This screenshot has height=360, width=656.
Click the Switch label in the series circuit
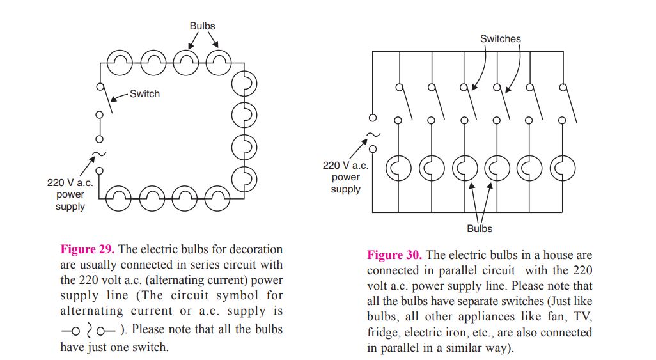[144, 94]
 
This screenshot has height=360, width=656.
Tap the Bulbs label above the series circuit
[202, 26]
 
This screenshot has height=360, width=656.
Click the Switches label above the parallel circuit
[501, 39]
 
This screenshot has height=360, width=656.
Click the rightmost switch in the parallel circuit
[567, 104]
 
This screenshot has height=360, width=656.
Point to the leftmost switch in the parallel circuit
[403, 104]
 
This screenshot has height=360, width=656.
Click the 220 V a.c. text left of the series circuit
[70, 183]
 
